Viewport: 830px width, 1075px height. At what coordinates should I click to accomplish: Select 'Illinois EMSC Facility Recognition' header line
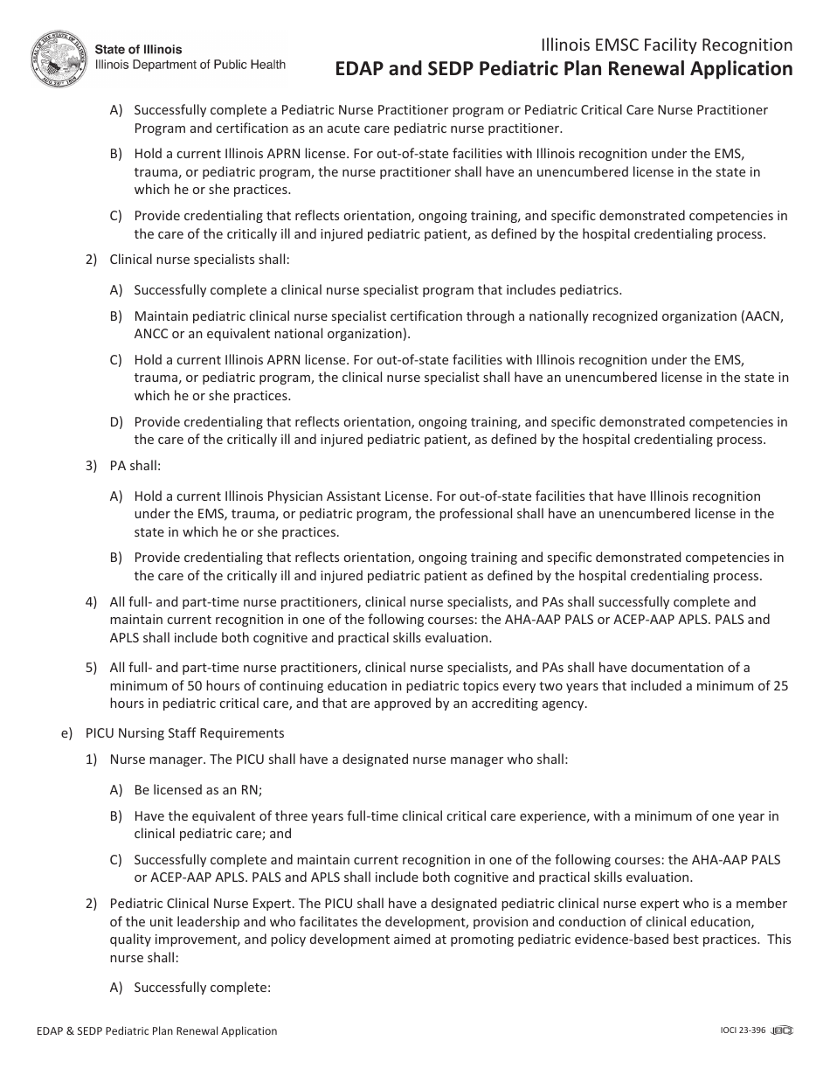point(667,45)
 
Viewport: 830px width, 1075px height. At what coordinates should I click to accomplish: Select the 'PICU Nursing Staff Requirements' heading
point(197,733)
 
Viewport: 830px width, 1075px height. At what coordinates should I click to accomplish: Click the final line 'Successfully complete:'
point(203,988)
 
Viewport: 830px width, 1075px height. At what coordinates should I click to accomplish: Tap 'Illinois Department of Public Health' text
point(190,65)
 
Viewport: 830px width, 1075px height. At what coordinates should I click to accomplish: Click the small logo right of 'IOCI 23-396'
point(783,1031)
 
